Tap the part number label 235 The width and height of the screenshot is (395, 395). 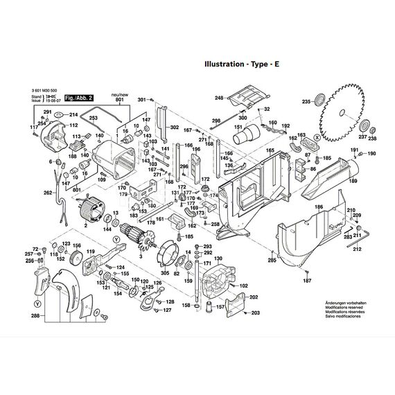coord(306,102)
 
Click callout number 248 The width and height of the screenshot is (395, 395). coord(219,98)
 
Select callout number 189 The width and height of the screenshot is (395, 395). coord(353,181)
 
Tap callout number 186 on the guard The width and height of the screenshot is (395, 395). coord(319,207)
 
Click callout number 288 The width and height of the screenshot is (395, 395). coord(35,317)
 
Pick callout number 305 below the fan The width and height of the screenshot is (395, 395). coord(164,273)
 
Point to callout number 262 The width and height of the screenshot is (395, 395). coord(48,193)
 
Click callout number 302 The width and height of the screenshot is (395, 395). coord(174,128)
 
